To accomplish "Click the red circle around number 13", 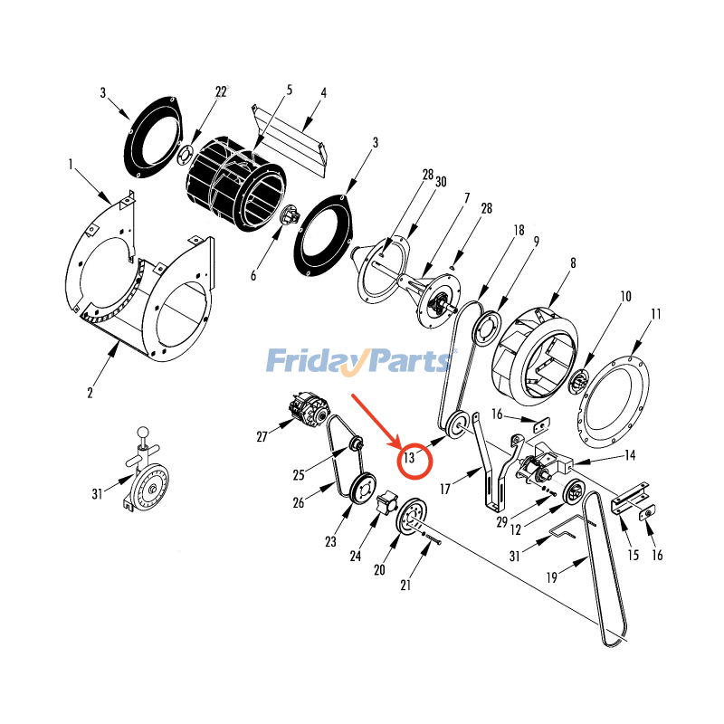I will click(415, 458).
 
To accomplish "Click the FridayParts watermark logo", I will click(361, 360).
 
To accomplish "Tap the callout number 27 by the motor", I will click(262, 437).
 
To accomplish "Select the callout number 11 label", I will click(654, 314).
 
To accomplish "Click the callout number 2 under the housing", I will click(90, 392).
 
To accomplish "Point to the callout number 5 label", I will click(290, 90).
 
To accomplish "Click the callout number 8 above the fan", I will click(572, 263).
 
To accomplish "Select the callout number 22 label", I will click(221, 91).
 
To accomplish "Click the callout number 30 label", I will click(441, 182).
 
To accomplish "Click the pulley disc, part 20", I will click(413, 519).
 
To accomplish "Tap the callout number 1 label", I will click(70, 165).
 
